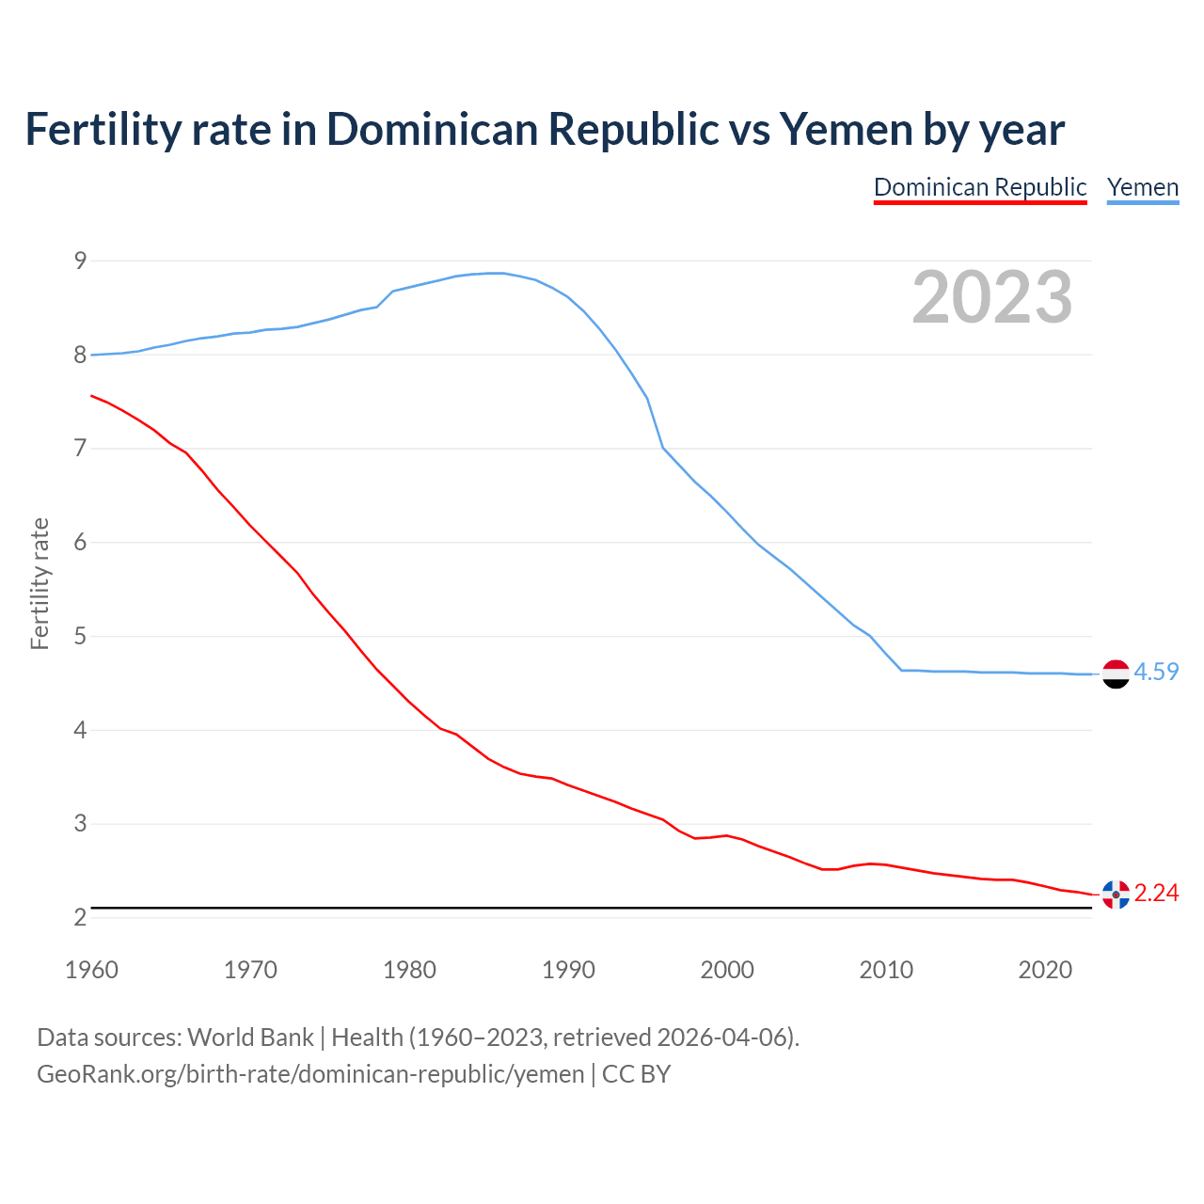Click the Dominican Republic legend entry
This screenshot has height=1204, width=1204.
(980, 187)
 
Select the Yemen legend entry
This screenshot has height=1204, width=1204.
(1143, 187)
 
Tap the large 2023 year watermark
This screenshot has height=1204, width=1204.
(992, 297)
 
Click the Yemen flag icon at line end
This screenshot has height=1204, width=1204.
(1116, 673)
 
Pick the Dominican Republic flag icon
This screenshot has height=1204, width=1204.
(1116, 895)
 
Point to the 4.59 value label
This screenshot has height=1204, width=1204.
(1156, 672)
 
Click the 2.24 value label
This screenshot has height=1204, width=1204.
(1156, 893)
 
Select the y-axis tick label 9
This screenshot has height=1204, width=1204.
(80, 261)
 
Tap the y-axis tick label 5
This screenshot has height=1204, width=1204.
(80, 637)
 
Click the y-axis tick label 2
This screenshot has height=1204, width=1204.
(80, 917)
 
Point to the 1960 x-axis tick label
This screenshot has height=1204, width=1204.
(91, 970)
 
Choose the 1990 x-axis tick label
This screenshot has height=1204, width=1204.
(568, 970)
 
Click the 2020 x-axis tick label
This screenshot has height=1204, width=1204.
(1045, 970)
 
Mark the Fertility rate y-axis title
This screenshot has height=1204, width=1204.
(40, 583)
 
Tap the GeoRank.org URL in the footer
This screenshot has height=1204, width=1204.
(310, 1073)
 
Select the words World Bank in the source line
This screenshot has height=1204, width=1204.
(250, 1037)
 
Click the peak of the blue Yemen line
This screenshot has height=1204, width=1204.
(496, 273)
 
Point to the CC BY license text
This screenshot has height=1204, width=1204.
(636, 1073)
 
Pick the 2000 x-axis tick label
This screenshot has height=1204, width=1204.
(727, 970)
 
